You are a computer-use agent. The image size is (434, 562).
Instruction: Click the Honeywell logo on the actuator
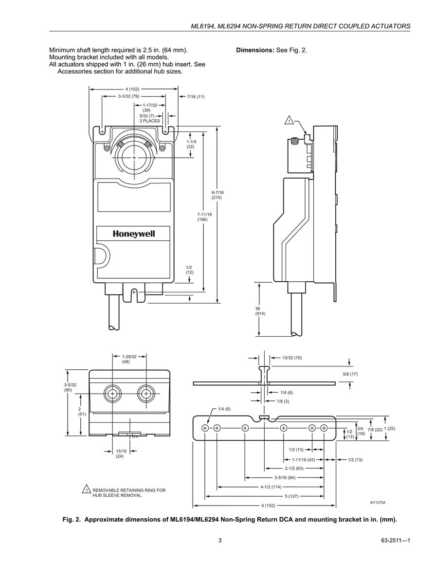pyautogui.click(x=134, y=234)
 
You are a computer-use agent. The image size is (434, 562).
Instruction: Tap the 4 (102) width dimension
pyautogui.click(x=132, y=89)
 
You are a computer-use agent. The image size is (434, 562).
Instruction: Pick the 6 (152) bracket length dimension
pyautogui.click(x=268, y=506)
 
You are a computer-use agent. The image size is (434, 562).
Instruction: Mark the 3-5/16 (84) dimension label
pyautogui.click(x=285, y=477)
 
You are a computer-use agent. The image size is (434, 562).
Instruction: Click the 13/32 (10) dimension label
pyautogui.click(x=292, y=357)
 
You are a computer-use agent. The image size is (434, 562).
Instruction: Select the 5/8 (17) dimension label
pyautogui.click(x=350, y=374)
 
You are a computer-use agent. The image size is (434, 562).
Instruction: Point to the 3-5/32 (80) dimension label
pyautogui.click(x=70, y=387)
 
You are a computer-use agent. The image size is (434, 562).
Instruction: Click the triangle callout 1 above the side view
pyautogui.click(x=289, y=121)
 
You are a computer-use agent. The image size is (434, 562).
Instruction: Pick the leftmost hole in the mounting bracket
pyautogui.click(x=205, y=428)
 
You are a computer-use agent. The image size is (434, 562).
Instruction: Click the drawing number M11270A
pyautogui.click(x=378, y=503)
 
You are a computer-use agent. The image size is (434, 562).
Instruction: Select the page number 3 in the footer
pyautogui.click(x=220, y=541)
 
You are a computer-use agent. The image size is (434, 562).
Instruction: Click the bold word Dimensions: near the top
pyautogui.click(x=255, y=50)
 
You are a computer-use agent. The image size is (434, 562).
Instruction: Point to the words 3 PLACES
pyautogui.click(x=149, y=121)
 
